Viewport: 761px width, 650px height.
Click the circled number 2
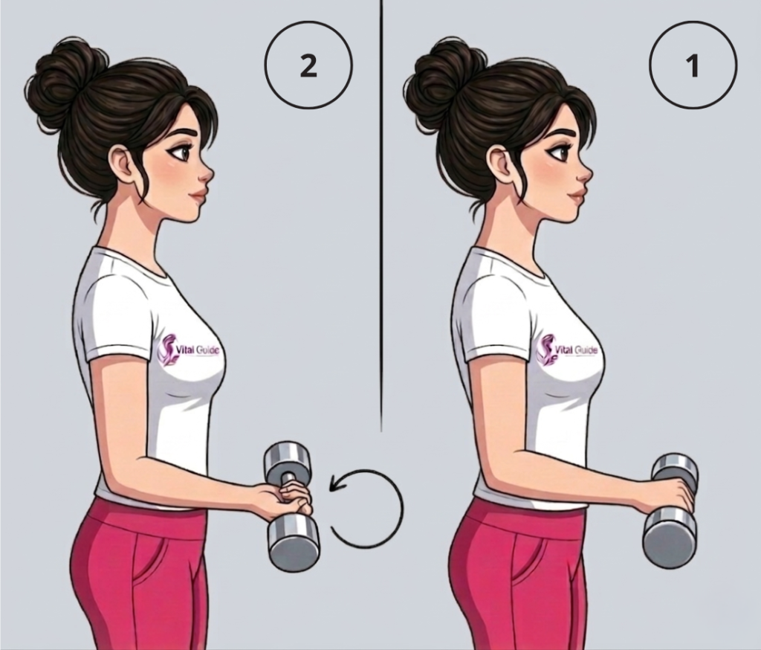pos(308,65)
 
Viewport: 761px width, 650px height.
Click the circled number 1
pos(693,65)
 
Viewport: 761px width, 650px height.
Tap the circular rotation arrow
pos(366,508)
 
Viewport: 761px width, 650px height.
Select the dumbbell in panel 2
pos(291,506)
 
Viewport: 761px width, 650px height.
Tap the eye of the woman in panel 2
pos(178,152)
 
